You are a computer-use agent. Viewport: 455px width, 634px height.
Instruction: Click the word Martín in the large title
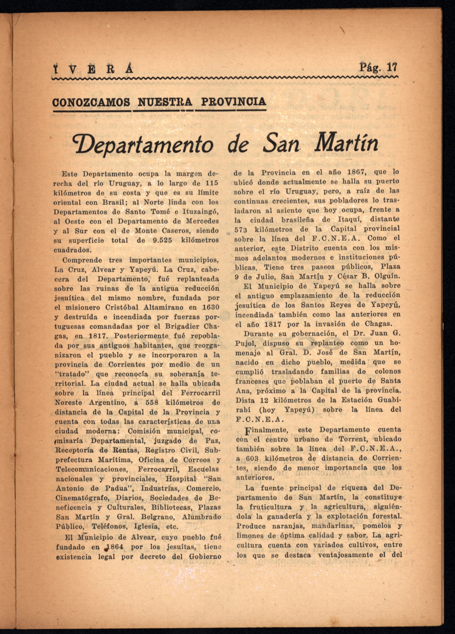(x=346, y=143)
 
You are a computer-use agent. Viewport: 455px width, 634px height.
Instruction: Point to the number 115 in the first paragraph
(x=212, y=183)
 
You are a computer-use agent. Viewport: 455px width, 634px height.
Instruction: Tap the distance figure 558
(x=152, y=403)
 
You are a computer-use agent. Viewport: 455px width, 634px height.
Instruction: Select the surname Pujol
(x=246, y=343)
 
